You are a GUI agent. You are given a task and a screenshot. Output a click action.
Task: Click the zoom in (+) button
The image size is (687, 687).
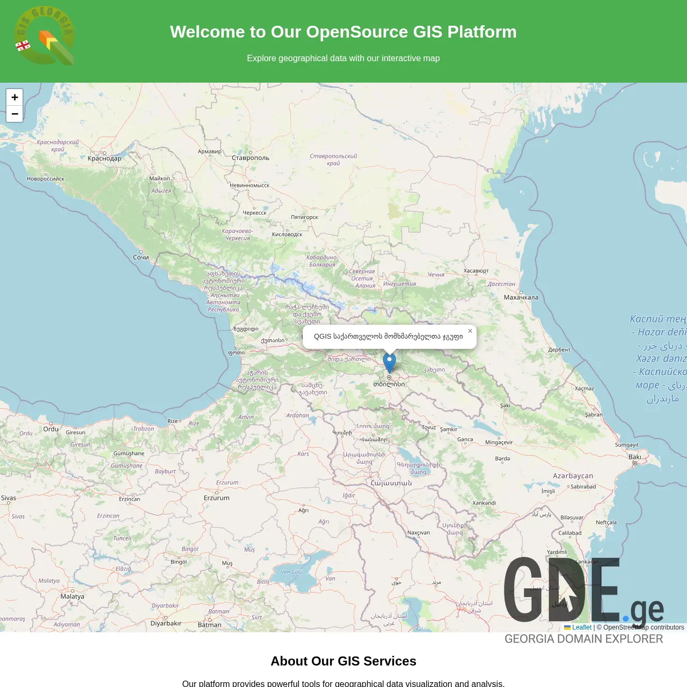click(x=14, y=97)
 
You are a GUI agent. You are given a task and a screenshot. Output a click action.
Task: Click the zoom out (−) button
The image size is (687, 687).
click(x=14, y=114)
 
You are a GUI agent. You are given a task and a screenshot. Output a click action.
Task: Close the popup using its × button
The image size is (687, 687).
click(x=470, y=331)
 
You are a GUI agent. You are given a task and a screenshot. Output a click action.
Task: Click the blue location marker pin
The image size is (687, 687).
click(x=389, y=362)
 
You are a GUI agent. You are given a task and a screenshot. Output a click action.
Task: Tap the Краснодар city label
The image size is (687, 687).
click(x=105, y=158)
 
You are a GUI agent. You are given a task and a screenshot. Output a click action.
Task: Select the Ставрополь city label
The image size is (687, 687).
click(x=251, y=158)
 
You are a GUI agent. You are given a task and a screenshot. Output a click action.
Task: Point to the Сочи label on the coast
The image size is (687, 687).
click(x=141, y=258)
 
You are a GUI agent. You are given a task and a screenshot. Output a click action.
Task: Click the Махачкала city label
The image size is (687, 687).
click(x=521, y=297)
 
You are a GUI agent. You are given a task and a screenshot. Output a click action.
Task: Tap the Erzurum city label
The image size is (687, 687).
click(x=217, y=498)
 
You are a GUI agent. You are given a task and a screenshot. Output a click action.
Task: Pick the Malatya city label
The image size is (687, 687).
click(x=72, y=596)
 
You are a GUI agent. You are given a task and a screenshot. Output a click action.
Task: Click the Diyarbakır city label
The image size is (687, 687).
click(x=166, y=623)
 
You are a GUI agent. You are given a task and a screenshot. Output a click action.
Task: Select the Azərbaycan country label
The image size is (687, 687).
click(x=573, y=476)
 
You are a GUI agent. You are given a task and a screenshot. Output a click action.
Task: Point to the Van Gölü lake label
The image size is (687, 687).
click(x=292, y=572)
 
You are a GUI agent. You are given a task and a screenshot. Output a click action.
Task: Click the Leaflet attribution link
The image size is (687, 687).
click(x=581, y=627)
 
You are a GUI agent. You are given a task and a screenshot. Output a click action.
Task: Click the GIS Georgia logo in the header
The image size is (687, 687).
click(x=45, y=36)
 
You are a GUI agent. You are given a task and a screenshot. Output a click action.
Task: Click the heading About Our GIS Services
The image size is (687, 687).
click(x=343, y=661)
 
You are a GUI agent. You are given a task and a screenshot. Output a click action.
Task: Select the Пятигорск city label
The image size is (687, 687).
click(x=304, y=217)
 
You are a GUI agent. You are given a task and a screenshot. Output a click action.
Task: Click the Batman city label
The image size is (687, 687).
click(x=209, y=625)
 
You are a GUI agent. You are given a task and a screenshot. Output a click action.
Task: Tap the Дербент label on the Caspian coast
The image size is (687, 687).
click(x=559, y=350)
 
